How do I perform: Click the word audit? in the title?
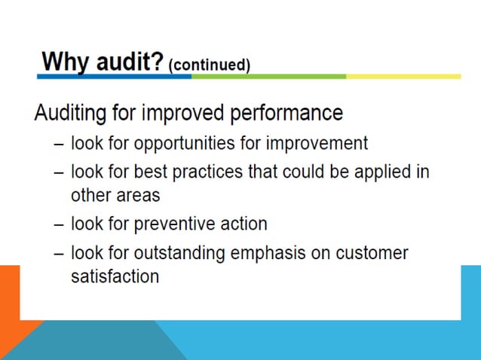pyautogui.click(x=127, y=61)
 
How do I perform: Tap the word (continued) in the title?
pyautogui.click(x=210, y=66)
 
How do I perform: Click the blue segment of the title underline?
pyautogui.click(x=114, y=76)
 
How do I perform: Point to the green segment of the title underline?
pyautogui.click(x=268, y=76)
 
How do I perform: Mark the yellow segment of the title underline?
pyautogui.click(x=403, y=76)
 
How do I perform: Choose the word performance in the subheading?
pyautogui.click(x=288, y=114)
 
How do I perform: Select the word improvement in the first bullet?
pyautogui.click(x=308, y=143)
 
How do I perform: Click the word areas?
pyautogui.click(x=136, y=195)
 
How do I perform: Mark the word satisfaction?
pyautogui.click(x=115, y=276)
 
